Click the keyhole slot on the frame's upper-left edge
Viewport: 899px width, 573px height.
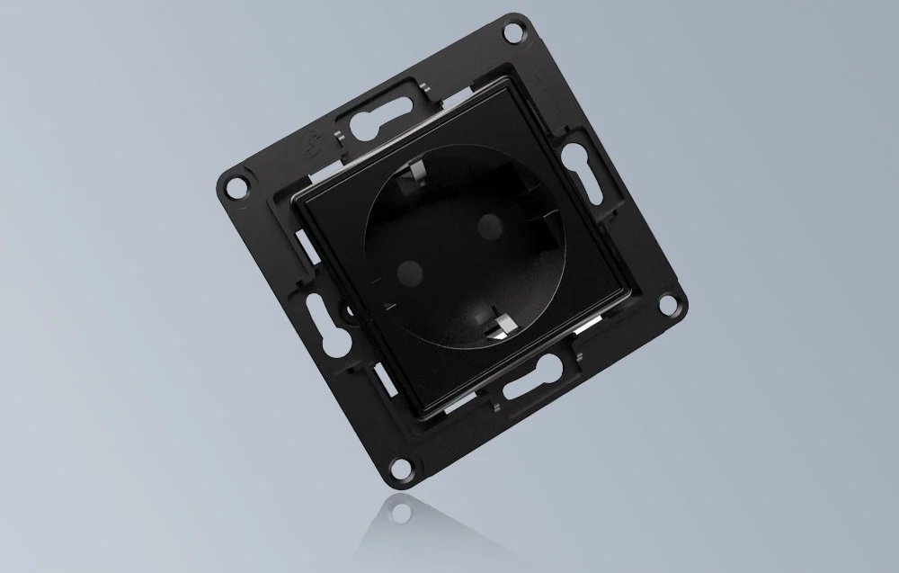pyautogui.click(x=370, y=117)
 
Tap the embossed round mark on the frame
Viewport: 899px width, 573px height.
pyautogui.click(x=311, y=144)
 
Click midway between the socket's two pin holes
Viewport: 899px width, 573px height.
pyautogui.click(x=449, y=245)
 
